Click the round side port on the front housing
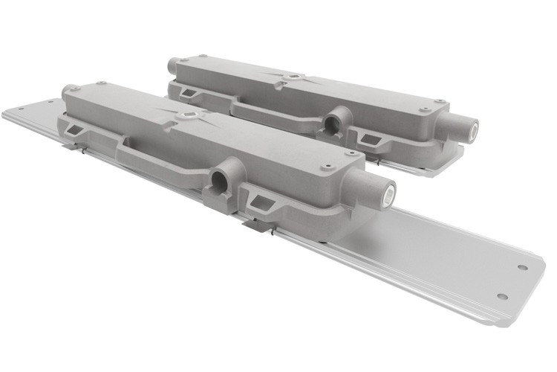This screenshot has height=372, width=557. click(x=221, y=179)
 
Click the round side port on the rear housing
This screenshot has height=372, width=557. click(x=331, y=122)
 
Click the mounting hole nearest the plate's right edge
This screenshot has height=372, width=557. click(x=522, y=267)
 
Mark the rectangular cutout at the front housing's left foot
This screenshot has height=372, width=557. click(x=74, y=130)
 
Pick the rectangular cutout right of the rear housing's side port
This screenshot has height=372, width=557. click(x=368, y=136)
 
